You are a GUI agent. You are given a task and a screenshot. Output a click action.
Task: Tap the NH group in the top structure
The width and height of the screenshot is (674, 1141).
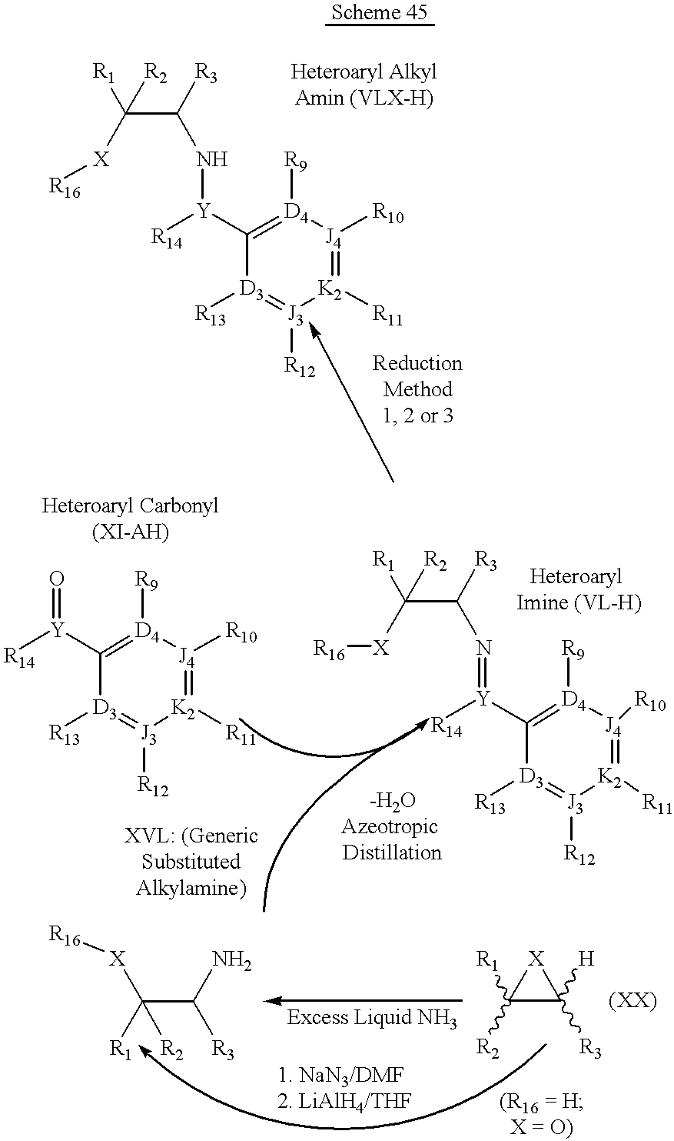212,159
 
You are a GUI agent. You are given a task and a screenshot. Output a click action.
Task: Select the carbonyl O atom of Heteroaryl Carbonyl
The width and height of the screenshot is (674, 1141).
57,579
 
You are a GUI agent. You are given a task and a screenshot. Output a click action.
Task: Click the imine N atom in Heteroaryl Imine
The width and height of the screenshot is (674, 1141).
483,648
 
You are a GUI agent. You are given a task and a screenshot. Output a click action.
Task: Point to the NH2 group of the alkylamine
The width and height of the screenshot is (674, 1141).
232,960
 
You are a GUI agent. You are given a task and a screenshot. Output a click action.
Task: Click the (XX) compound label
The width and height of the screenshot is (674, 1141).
632,1002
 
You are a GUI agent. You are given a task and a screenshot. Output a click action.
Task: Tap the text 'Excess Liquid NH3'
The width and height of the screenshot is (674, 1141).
372,1018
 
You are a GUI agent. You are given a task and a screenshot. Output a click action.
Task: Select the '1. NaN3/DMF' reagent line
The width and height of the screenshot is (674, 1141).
340,1076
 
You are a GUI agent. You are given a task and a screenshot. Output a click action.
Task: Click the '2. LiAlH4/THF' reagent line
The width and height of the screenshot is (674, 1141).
344,1102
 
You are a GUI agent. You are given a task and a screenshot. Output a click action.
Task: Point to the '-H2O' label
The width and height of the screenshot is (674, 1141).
392,801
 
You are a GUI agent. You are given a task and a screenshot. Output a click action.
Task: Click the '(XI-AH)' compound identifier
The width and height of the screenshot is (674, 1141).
130,532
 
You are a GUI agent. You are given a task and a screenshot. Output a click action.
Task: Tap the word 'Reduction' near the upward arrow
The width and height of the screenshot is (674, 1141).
417,363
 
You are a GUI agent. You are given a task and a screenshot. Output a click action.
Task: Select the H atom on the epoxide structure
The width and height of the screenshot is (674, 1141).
586,959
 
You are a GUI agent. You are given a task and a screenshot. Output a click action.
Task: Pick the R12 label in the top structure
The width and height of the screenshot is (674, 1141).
300,366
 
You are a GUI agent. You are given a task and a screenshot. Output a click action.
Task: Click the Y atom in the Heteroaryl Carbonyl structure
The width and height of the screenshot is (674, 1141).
57,632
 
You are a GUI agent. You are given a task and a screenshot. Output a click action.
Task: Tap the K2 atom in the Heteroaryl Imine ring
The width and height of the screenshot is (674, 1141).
609,778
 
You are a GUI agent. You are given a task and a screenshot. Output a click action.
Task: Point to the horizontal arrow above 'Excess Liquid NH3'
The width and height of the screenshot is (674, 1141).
363,1000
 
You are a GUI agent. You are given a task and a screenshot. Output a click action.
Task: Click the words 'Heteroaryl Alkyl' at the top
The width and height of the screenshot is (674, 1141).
364,72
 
